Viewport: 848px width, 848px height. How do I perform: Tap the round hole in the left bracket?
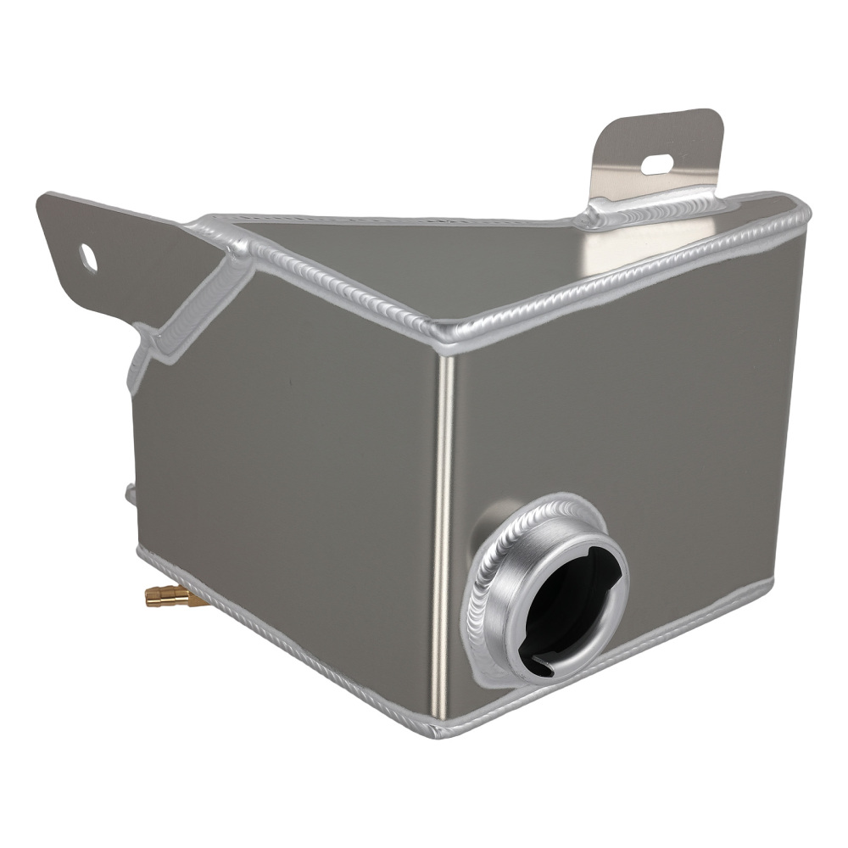click(88, 258)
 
